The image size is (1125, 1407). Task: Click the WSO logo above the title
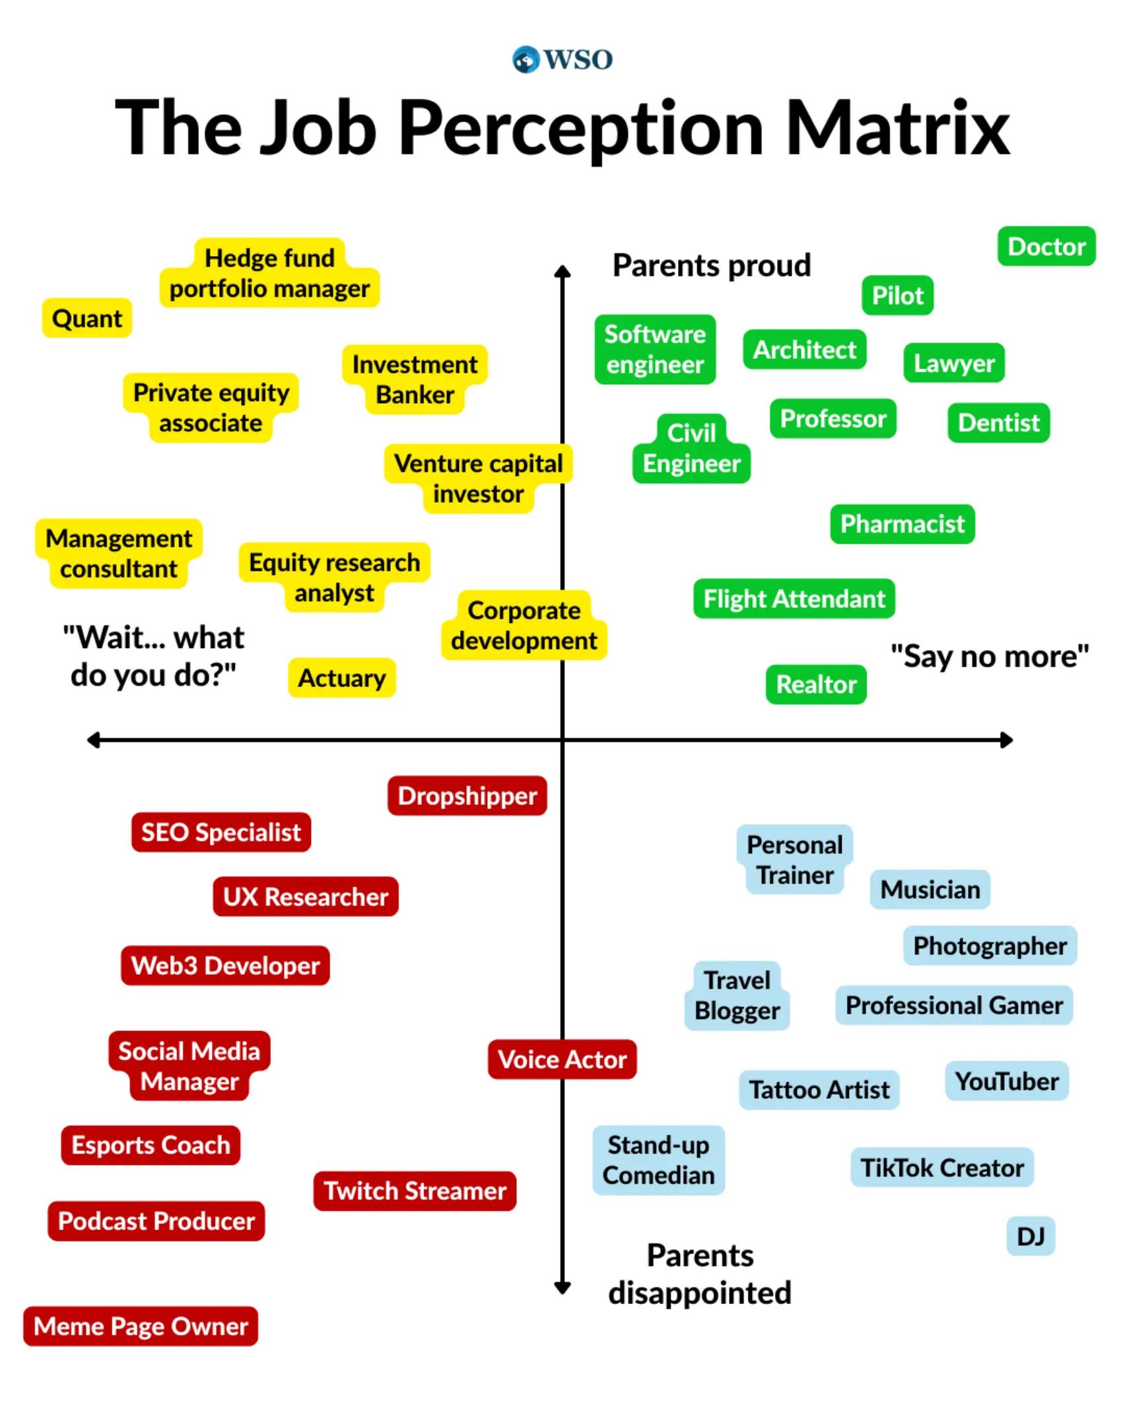click(x=562, y=59)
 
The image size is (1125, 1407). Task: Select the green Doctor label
click(x=1046, y=246)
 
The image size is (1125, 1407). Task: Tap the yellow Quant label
click(x=87, y=318)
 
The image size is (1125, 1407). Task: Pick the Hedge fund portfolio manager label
click(x=269, y=273)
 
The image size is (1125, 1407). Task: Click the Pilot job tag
click(x=897, y=295)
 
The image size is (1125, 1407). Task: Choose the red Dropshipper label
click(x=467, y=795)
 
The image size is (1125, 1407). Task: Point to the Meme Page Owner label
click(x=141, y=1326)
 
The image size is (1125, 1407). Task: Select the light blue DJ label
click(x=1031, y=1236)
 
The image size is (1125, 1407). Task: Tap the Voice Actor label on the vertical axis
click(x=562, y=1059)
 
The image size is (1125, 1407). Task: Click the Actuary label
click(x=342, y=678)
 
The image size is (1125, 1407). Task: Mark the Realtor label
click(x=816, y=684)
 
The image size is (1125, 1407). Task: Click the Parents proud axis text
click(x=712, y=265)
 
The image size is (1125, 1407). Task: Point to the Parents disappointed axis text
click(x=700, y=1274)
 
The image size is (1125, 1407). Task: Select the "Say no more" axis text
click(x=990, y=656)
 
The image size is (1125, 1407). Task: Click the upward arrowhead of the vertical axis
click(x=562, y=271)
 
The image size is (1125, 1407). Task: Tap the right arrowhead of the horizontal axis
click(x=1007, y=740)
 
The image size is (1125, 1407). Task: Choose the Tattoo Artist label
click(x=819, y=1090)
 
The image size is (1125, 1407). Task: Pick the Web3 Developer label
click(x=225, y=965)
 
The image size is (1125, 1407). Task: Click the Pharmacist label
click(x=903, y=524)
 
